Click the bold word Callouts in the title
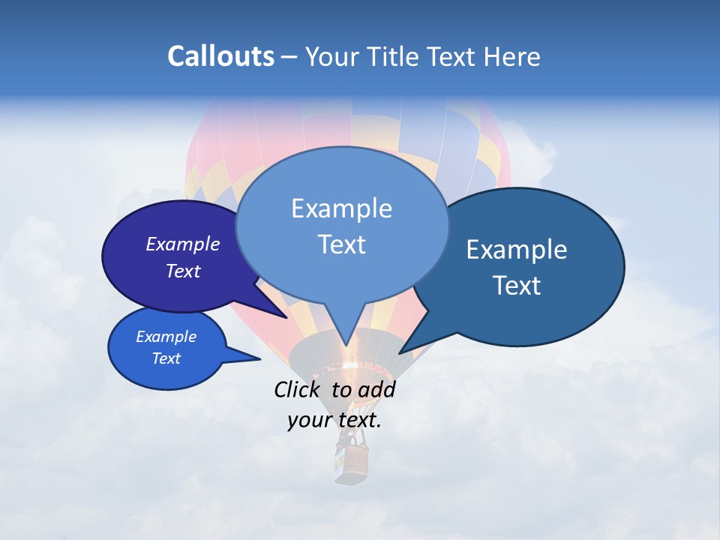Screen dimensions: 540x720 [x=220, y=56]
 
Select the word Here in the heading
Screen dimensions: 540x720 [x=513, y=56]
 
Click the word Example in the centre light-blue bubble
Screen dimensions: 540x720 [x=341, y=208]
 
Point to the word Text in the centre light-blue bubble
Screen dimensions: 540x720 [x=341, y=244]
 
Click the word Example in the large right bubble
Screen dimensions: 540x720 [x=517, y=250]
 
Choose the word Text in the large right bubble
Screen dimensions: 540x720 [x=517, y=286]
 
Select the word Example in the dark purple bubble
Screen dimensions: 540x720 [x=183, y=244]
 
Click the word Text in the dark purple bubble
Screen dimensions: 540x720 [x=183, y=271]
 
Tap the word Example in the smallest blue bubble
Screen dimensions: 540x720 [x=166, y=337]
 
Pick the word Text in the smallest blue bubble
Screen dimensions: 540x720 [x=166, y=358]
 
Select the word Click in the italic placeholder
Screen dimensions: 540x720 [x=298, y=389]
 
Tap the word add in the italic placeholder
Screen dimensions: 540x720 [x=376, y=389]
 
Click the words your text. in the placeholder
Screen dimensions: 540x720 [x=334, y=420]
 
